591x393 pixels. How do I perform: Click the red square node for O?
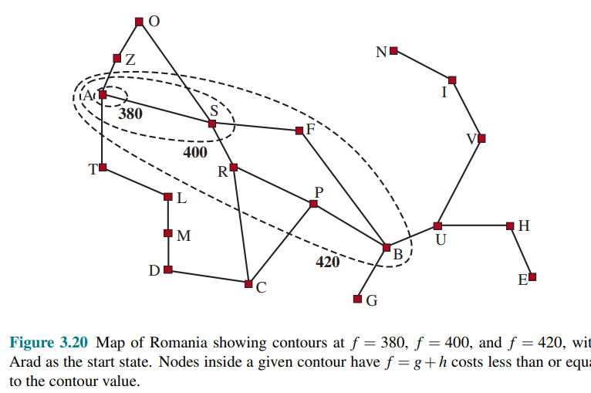[139, 22]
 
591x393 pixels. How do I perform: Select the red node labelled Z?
[117, 58]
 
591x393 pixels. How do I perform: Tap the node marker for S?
[212, 123]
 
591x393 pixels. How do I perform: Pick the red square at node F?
[299, 130]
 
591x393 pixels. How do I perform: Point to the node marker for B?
[387, 247]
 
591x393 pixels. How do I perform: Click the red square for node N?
[393, 51]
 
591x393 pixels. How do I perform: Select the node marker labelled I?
[452, 80]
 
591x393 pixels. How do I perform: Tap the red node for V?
[482, 138]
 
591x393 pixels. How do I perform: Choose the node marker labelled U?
[437, 226]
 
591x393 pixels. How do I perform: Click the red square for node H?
[510, 225]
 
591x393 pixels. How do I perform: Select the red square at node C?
[248, 284]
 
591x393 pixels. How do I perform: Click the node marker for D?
[168, 269]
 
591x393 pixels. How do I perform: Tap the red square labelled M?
[168, 233]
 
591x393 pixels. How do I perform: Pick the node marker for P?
[313, 204]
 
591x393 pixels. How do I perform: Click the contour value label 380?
[130, 113]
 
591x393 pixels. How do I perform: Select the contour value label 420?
[328, 262]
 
